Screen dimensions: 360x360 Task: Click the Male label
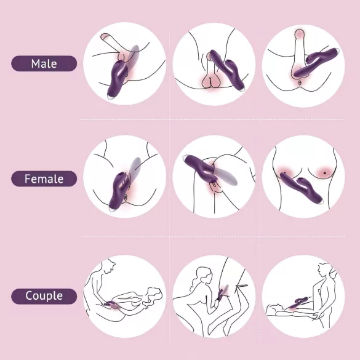[x=44, y=63]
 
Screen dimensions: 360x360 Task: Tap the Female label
[x=44, y=179]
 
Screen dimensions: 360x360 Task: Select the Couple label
[x=44, y=296]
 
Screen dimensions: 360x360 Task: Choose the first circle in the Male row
[x=125, y=64]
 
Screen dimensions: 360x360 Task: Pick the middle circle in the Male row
[x=214, y=64]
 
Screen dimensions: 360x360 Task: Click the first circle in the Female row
[x=125, y=179]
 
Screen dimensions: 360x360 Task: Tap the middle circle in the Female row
[x=214, y=179]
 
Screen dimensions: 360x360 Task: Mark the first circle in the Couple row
[x=125, y=296]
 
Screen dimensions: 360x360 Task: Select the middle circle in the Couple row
[x=214, y=296]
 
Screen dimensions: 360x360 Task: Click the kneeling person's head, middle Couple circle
[x=201, y=276]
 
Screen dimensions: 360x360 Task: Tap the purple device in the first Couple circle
[x=114, y=304]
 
